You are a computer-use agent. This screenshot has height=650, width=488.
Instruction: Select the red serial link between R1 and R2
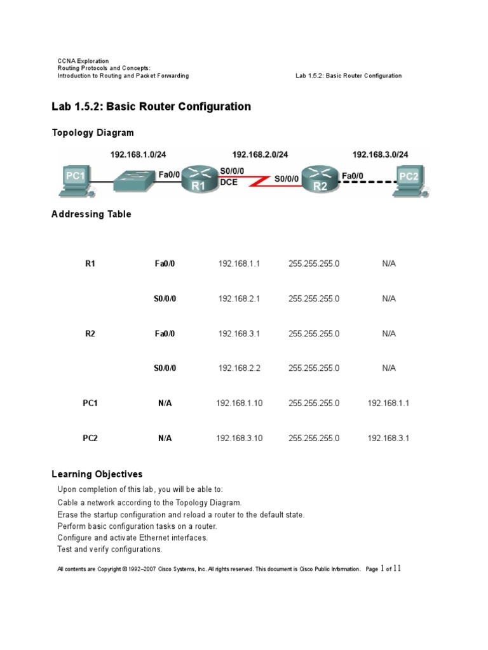click(257, 182)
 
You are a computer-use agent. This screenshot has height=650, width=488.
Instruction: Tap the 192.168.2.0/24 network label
click(260, 154)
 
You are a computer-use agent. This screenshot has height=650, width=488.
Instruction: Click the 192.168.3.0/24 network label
click(380, 154)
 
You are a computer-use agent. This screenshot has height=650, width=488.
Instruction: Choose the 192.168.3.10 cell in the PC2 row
click(239, 438)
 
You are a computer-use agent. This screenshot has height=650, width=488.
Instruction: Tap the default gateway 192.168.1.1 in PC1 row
click(389, 403)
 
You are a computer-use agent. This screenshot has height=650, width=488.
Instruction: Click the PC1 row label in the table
click(90, 403)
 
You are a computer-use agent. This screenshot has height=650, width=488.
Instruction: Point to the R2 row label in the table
click(90, 333)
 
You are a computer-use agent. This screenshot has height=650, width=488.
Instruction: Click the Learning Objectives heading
click(97, 474)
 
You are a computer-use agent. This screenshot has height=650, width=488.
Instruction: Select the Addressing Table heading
click(91, 214)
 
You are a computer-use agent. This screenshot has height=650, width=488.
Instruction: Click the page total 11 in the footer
click(397, 569)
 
